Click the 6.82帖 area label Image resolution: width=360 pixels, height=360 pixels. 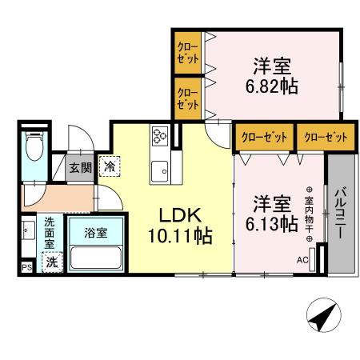tap(271, 85)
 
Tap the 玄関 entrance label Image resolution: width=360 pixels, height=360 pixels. tap(79, 168)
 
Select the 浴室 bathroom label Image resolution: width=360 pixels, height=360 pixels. tap(94, 234)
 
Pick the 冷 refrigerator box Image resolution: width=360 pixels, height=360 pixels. tap(108, 167)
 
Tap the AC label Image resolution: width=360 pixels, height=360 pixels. tap(302, 260)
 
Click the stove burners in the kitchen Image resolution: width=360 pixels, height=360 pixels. tap(158, 136)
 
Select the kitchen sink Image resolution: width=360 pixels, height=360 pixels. tap(158, 170)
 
